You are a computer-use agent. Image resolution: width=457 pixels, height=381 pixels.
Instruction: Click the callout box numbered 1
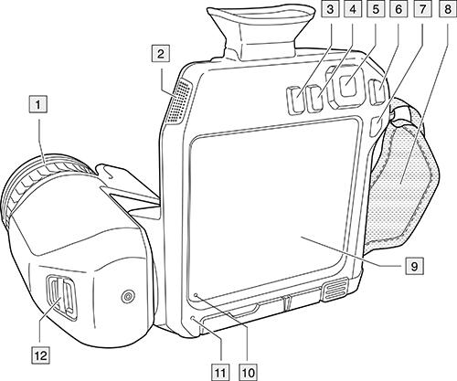pyautogui.click(x=37, y=104)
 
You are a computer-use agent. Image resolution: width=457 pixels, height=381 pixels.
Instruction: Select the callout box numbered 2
pyautogui.click(x=161, y=54)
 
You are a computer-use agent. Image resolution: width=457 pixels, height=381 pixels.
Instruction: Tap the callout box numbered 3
pyautogui.click(x=330, y=9)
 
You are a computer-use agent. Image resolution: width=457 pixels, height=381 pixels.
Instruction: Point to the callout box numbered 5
pyautogui.click(x=376, y=9)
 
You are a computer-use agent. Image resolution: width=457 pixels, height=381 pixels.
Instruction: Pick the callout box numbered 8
pyautogui.click(x=447, y=9)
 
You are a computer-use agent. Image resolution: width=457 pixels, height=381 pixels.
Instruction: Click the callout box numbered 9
pyautogui.click(x=414, y=266)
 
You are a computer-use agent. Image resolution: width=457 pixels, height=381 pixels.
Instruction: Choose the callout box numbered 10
pyautogui.click(x=249, y=372)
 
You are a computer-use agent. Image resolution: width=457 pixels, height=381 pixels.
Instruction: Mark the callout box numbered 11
pyautogui.click(x=220, y=372)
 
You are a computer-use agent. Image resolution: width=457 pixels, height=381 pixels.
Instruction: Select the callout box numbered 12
pyautogui.click(x=41, y=355)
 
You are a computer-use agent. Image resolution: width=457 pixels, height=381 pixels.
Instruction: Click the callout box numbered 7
pyautogui.click(x=421, y=9)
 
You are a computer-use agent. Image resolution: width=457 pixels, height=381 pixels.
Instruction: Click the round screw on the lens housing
pyautogui.click(x=128, y=296)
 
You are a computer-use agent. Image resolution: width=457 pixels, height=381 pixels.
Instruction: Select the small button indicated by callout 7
pyautogui.click(x=376, y=125)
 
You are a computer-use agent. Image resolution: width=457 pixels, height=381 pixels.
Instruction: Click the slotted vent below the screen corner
pyautogui.click(x=335, y=290)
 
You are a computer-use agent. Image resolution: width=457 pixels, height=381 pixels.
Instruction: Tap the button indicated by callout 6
pyautogui.click(x=377, y=91)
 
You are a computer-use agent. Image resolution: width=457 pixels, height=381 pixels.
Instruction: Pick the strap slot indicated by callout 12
pyautogui.click(x=61, y=298)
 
